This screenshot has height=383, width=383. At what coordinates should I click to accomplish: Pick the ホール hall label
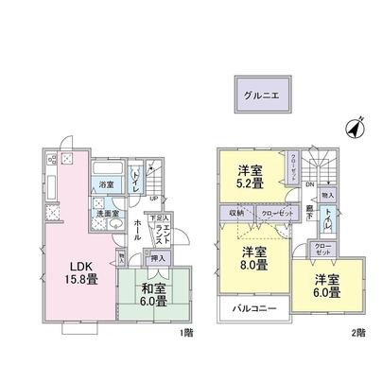coord(139,228)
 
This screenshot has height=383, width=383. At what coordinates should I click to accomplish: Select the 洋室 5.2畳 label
coord(251,175)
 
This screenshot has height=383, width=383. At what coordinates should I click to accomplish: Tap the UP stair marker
coord(152,198)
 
